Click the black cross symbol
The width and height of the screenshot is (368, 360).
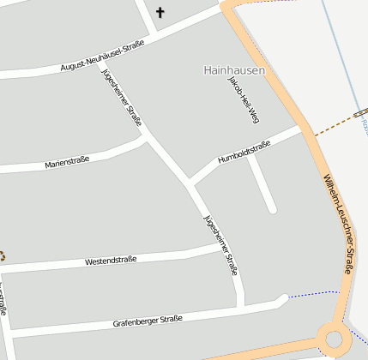click(160, 13)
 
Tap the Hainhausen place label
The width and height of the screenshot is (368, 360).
click(234, 69)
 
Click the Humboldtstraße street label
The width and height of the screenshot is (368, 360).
click(244, 152)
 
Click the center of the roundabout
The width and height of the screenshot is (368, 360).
click(333, 339)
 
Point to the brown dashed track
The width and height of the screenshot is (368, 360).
click(330, 129)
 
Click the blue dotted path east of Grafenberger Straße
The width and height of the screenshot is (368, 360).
click(312, 295)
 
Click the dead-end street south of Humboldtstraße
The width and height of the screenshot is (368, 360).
click(262, 184)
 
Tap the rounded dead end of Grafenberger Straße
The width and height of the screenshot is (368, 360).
click(282, 299)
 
